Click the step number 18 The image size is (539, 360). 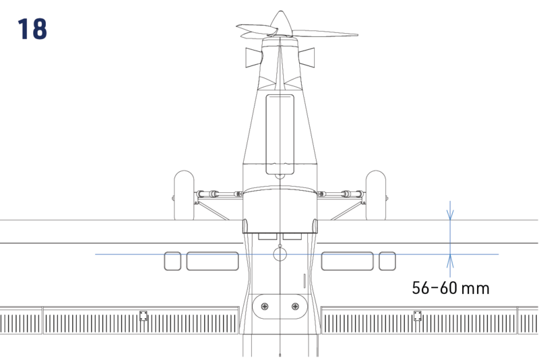click(x=32, y=29)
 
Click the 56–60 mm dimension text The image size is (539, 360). click(x=450, y=289)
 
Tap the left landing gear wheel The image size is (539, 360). click(x=184, y=196)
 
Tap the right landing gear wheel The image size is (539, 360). click(x=375, y=196)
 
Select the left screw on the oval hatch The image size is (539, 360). click(x=264, y=307)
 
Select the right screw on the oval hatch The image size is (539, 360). click(x=295, y=307)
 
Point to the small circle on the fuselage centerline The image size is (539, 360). click(x=280, y=253)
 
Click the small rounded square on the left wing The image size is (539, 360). click(x=173, y=261)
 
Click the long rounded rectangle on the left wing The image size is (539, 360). click(x=212, y=261)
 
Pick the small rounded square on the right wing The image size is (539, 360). click(x=387, y=261)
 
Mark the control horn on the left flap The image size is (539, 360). click(x=143, y=316)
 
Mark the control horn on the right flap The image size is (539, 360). click(x=417, y=316)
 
